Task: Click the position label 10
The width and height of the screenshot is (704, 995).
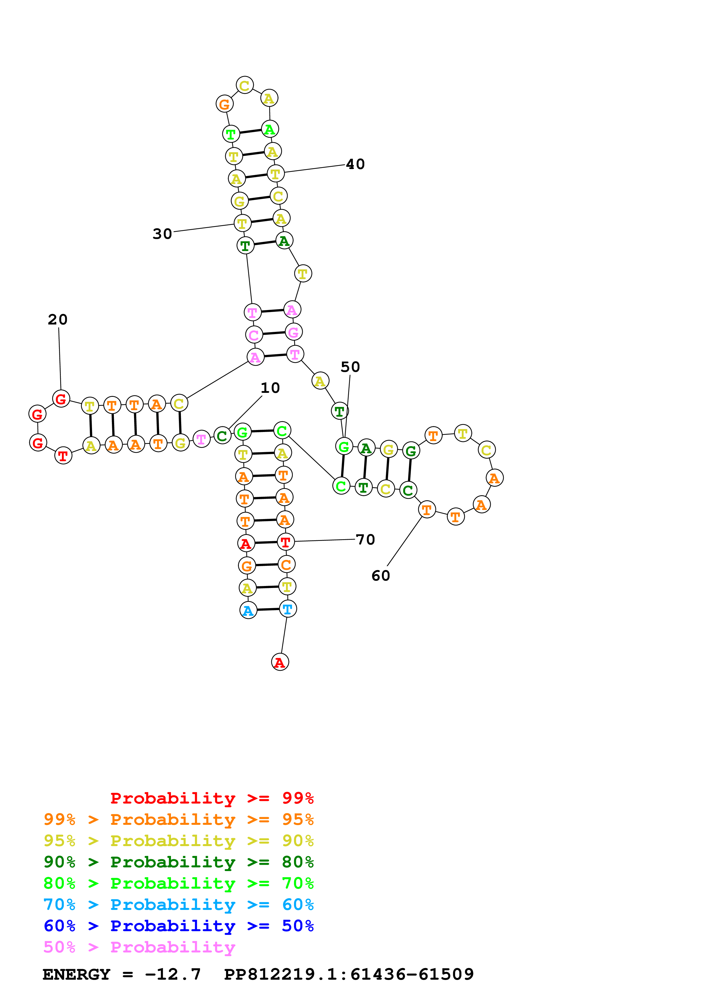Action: tap(270, 388)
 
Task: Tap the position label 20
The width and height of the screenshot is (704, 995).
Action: tap(58, 320)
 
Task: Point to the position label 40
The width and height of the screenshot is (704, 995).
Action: tap(355, 164)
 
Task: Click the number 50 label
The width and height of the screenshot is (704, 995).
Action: tap(350, 367)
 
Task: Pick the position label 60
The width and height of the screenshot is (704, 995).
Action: tap(381, 576)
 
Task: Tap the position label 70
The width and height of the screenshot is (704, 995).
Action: tap(365, 539)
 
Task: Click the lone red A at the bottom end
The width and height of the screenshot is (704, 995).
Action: tap(280, 662)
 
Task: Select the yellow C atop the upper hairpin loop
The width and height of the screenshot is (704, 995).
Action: tap(245, 85)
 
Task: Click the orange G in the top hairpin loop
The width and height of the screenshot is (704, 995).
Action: tap(224, 104)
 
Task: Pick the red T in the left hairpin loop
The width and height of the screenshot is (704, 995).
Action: tap(63, 456)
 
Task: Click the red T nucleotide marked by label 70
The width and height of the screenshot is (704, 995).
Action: tap(285, 542)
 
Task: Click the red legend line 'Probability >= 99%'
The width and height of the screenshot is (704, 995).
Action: tap(212, 798)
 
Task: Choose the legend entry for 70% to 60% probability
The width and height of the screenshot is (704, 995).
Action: tap(178, 905)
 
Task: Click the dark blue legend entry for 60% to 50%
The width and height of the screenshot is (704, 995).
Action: tap(178, 926)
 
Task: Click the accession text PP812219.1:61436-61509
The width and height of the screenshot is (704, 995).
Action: tap(349, 974)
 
